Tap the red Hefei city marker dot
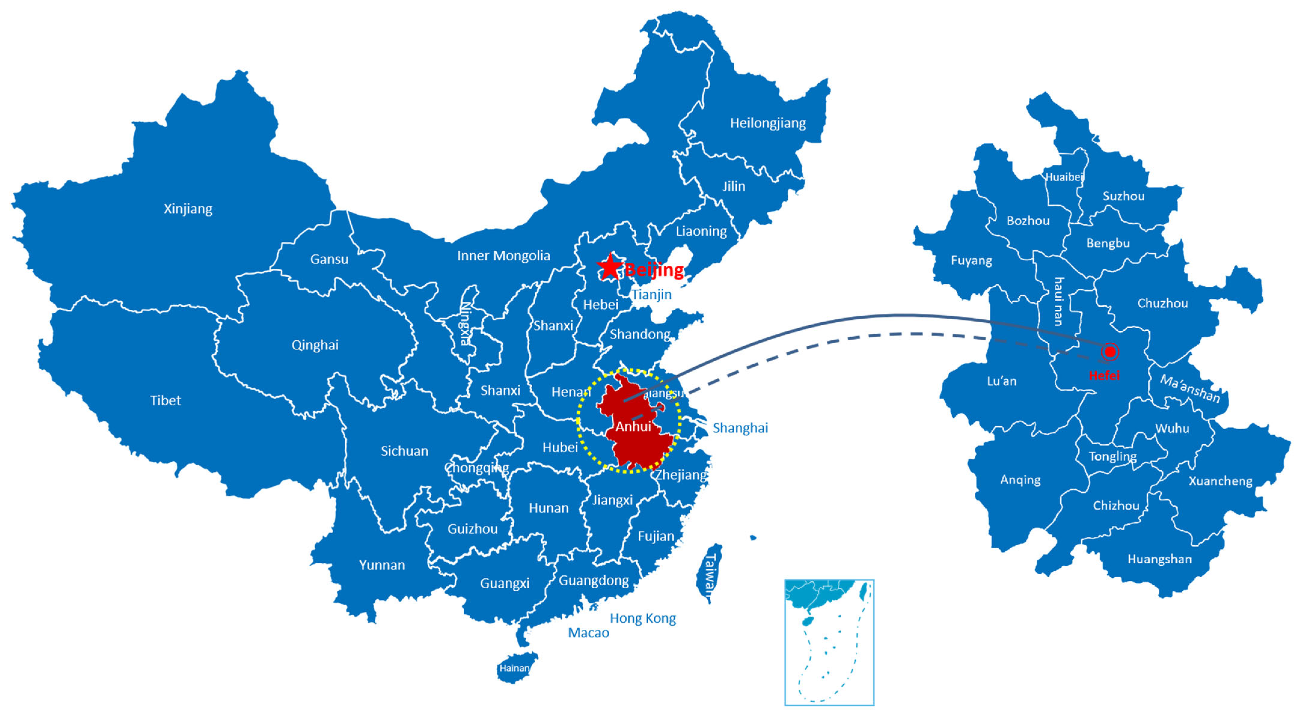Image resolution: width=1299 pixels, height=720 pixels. [1110, 352]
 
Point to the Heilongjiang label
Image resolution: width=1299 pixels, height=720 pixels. [768, 123]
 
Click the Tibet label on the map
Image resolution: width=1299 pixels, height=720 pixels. [165, 401]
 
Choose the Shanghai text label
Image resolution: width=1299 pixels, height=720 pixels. [740, 428]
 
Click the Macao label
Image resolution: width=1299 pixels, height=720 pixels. [588, 633]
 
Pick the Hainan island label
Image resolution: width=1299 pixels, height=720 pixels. [514, 668]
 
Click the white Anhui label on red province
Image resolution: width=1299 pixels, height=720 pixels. [633, 427]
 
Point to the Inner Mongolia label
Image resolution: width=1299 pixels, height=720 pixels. [503, 256]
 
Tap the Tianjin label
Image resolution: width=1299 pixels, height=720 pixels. [652, 295]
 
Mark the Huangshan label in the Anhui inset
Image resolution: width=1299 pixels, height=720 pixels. [1159, 559]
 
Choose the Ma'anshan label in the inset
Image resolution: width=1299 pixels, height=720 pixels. [1190, 388]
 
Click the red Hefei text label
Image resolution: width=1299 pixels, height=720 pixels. [1104, 375]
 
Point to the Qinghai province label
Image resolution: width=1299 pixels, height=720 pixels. [315, 345]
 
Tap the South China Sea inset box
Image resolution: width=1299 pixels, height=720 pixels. [829, 642]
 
